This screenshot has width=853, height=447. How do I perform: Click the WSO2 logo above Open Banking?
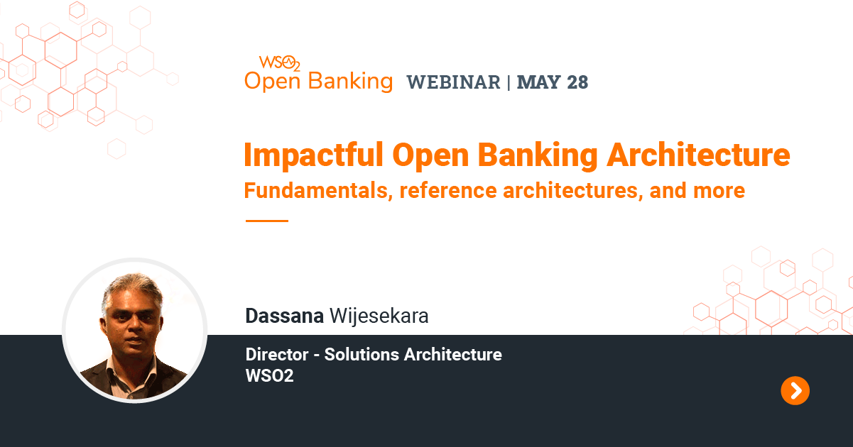point(279,62)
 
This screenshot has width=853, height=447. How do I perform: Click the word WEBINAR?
point(453,82)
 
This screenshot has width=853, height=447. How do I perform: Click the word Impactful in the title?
point(310,155)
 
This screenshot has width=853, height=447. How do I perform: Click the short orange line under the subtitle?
point(266,221)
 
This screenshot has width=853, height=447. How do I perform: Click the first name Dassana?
point(284,316)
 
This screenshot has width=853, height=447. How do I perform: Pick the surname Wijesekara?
point(379,316)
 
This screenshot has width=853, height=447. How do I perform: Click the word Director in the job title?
point(277,354)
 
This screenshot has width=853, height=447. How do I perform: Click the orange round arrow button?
point(795,390)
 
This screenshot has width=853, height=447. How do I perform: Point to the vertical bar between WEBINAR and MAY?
point(509,82)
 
